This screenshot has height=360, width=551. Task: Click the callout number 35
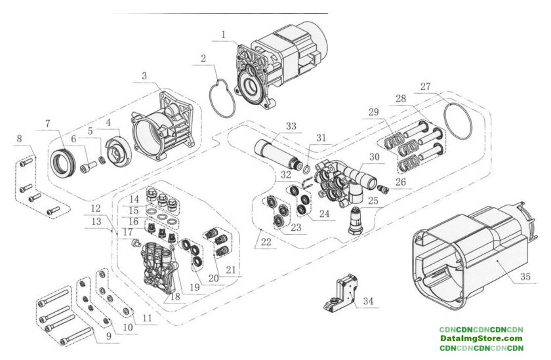point(525,277)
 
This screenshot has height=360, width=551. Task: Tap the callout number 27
point(426,87)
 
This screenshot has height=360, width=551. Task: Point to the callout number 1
point(224,35)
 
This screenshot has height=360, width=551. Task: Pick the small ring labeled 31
point(306,170)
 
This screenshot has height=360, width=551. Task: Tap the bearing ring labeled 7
point(62,163)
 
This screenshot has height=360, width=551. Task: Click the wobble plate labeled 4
point(119,151)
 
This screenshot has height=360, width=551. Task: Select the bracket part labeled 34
point(341,293)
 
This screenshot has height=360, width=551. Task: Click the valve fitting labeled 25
point(356,221)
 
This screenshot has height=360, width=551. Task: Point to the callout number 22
point(266,243)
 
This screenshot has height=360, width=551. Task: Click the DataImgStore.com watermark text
point(481,339)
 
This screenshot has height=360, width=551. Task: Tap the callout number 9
point(109,336)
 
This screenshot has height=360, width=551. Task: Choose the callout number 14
point(134,199)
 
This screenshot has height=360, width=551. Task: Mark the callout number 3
point(144,76)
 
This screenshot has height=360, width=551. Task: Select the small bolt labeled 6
point(89,167)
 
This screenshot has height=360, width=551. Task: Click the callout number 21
point(231,270)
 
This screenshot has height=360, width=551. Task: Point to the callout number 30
point(375,157)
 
